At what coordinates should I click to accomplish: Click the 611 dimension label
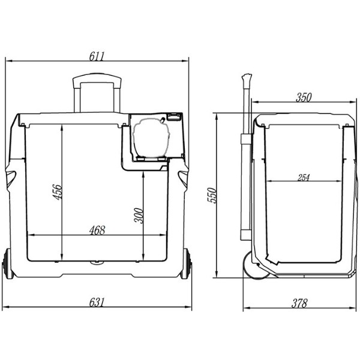[97, 56]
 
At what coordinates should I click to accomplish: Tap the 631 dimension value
[97, 302]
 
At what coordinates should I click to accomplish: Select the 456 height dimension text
[58, 192]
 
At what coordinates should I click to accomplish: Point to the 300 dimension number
[139, 215]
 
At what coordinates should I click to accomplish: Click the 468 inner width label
[97, 230]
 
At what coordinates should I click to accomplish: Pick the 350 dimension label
[304, 97]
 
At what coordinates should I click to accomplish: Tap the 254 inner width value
[304, 178]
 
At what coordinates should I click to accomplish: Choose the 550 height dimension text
[212, 195]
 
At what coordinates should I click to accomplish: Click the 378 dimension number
[299, 303]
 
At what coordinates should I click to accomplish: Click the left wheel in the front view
[8, 264]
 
